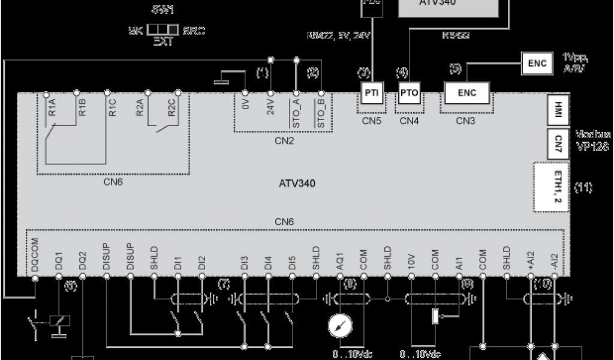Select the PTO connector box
click(x=410, y=93)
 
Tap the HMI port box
click(x=558, y=109)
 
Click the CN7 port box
click(x=558, y=142)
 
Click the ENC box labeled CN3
click(x=466, y=93)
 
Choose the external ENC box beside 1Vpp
click(x=538, y=63)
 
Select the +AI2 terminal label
click(x=531, y=259)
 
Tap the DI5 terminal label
click(x=292, y=262)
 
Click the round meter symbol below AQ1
click(x=340, y=326)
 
